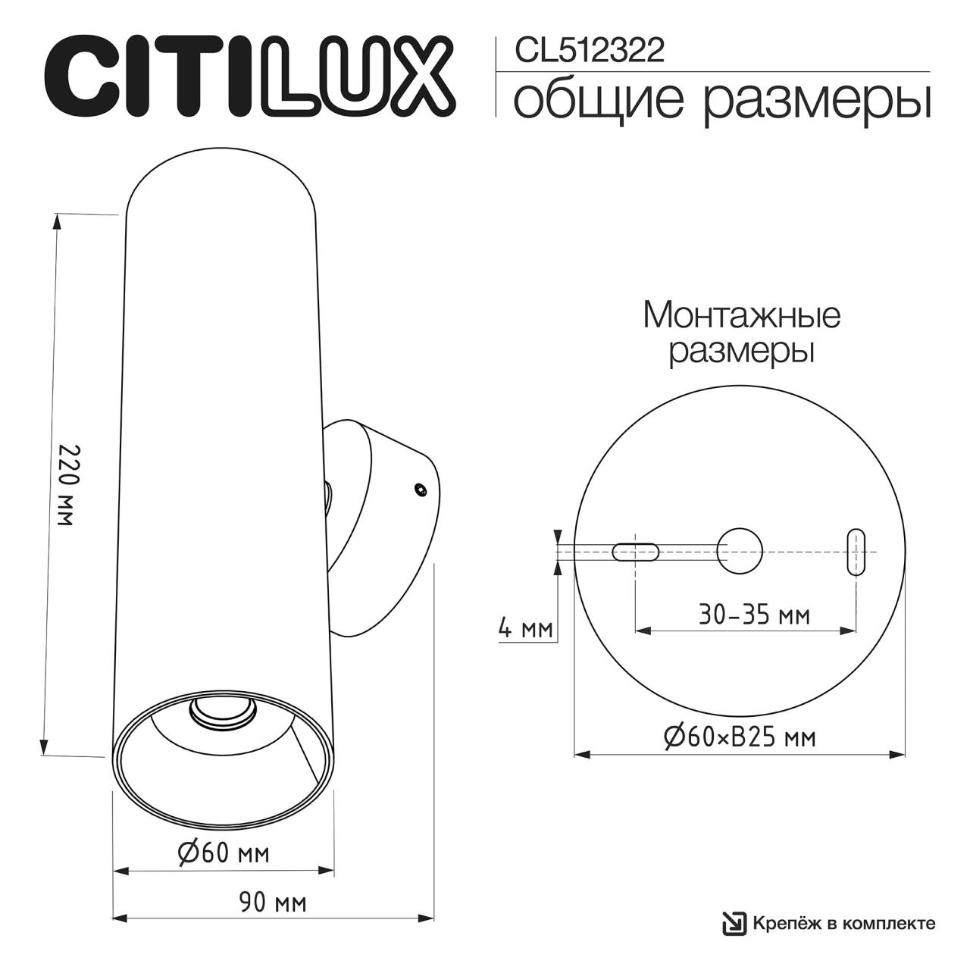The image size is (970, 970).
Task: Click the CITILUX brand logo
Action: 250,75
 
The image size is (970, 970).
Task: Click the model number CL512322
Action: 590,51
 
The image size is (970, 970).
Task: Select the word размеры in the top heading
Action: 816,104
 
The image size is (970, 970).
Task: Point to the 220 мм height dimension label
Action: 68,485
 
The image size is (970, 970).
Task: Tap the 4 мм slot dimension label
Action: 525,629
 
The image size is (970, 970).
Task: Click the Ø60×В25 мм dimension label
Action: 740,738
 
